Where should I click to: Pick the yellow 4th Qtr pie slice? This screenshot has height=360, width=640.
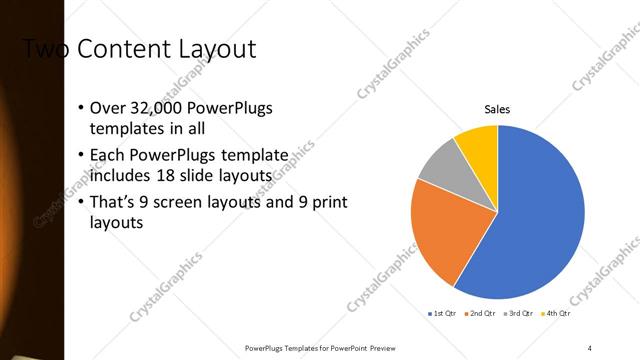pyautogui.click(x=478, y=143)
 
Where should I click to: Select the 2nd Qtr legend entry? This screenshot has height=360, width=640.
pyautogui.click(x=480, y=314)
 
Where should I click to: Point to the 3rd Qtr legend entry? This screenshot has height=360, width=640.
pyautogui.click(x=520, y=314)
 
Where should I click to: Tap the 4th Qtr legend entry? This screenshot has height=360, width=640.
pyautogui.click(x=558, y=314)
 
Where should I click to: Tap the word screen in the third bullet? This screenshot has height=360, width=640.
pyautogui.click(x=188, y=203)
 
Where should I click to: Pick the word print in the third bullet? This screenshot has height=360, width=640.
pyautogui.click(x=328, y=203)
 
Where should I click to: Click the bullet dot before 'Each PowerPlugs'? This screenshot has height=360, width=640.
pyautogui.click(x=81, y=156)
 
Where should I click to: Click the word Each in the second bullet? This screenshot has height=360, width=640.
pyautogui.click(x=107, y=156)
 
